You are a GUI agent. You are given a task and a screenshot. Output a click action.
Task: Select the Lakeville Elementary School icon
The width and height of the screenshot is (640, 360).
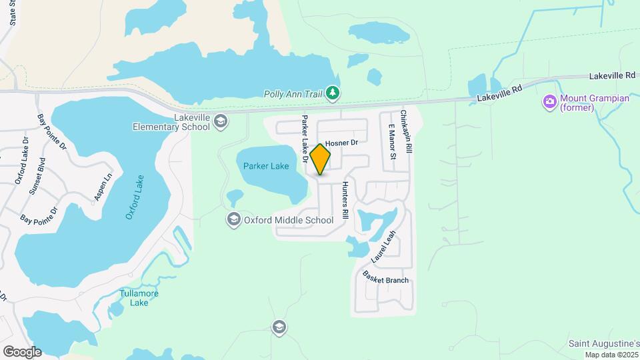[221, 121]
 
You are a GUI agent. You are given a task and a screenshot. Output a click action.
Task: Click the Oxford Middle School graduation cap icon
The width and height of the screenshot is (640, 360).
[233, 219]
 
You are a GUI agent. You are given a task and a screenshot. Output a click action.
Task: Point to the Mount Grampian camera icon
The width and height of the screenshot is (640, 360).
[550, 101]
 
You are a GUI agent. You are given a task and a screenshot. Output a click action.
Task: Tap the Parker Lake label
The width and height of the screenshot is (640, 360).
[266, 166]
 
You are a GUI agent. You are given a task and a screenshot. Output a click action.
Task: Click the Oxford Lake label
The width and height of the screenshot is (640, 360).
[135, 197]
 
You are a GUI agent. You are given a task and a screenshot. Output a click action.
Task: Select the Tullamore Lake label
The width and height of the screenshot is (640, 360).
[139, 297]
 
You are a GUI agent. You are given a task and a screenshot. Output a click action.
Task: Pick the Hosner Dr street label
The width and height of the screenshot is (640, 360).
[342, 143]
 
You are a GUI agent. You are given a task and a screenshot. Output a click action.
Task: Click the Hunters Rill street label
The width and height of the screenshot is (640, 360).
[345, 201]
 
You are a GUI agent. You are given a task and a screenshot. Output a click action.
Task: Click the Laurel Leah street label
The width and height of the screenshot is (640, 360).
[383, 246]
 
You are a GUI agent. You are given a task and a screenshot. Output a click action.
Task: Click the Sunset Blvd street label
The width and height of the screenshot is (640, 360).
[37, 176]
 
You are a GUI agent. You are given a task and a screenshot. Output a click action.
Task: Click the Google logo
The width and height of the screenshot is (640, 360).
[22, 352]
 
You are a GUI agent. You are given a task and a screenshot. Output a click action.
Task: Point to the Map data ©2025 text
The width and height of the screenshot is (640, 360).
[612, 355]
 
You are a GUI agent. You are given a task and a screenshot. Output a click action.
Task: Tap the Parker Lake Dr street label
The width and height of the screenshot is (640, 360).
[305, 139]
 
